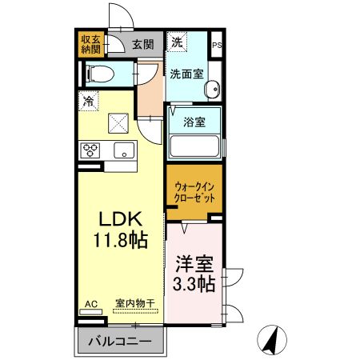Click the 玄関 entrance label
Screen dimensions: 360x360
(x=143, y=45)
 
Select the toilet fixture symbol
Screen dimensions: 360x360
(x=101, y=74)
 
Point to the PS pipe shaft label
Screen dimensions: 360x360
(x=217, y=46)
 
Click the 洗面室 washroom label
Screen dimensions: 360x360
(x=185, y=74)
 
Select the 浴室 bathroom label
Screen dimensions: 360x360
(x=194, y=123)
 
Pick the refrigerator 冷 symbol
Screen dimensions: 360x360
(x=87, y=102)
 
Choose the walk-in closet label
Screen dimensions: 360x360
(x=195, y=192)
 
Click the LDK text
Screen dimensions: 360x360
(x=119, y=218)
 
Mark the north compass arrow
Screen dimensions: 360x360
(x=274, y=342)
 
